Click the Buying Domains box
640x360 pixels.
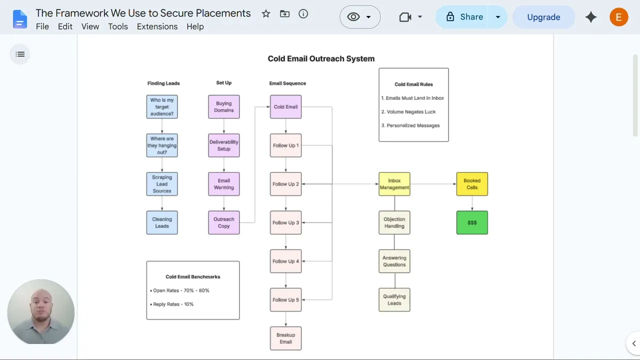tap(223, 107)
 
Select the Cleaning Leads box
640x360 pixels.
tap(162, 222)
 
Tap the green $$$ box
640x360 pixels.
tap(472, 222)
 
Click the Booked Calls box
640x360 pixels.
tap(472, 184)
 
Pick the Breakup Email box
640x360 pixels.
tap(285, 338)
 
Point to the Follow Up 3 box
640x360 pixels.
tap(285, 222)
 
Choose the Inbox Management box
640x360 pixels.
tap(394, 184)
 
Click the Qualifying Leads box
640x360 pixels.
tap(394, 299)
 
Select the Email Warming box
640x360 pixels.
tap(223, 184)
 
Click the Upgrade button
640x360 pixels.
tap(543, 17)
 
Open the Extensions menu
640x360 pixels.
tap(157, 26)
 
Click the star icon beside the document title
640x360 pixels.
tap(265, 13)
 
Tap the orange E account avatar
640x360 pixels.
tap(618, 17)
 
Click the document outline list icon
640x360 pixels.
tap(20, 54)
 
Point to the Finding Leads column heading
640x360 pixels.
tap(163, 83)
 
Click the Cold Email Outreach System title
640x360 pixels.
tap(321, 58)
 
